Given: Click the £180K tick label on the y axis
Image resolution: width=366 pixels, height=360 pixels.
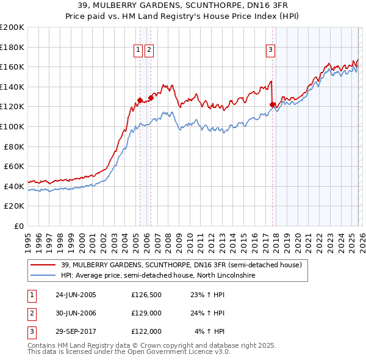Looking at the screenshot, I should [x=12, y=47].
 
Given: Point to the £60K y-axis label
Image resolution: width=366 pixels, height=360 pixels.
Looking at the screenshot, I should [x=14, y=166].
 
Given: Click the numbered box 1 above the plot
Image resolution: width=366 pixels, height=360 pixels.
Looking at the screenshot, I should [x=139, y=51].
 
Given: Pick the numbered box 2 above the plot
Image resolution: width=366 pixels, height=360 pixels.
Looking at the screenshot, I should [x=149, y=51].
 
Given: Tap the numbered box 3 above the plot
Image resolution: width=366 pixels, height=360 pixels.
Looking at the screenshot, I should [x=270, y=51].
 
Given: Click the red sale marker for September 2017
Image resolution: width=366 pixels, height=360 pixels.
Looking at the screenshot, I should [x=273, y=105].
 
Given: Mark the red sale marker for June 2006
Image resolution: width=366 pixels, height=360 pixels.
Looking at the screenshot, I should [x=151, y=98].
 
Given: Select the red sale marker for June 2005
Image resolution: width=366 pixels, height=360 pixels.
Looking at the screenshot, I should [x=140, y=100].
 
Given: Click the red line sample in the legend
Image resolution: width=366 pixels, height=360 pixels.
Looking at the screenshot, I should [x=43, y=265].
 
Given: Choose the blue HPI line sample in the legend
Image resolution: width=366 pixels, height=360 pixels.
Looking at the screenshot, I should [x=43, y=276].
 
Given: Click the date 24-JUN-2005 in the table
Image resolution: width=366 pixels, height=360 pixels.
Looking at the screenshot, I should [x=76, y=295].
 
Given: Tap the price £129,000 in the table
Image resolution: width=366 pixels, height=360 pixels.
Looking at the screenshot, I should [x=146, y=313].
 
